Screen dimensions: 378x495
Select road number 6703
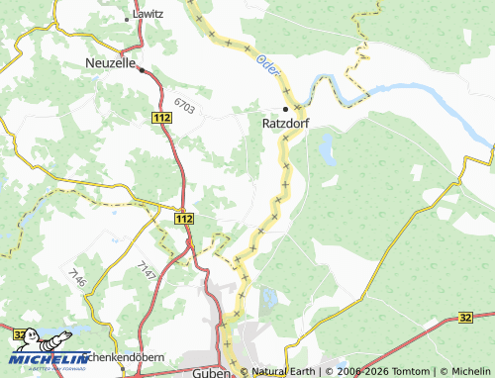[182, 102]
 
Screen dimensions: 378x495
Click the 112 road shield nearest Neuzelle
[161, 117]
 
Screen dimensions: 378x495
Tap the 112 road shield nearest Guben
[182, 218]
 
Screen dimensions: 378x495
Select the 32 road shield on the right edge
[485, 317]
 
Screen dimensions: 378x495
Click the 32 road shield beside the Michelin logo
[20, 335]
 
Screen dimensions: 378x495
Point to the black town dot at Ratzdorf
[286, 108]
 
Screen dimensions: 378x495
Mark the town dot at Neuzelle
[142, 70]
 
